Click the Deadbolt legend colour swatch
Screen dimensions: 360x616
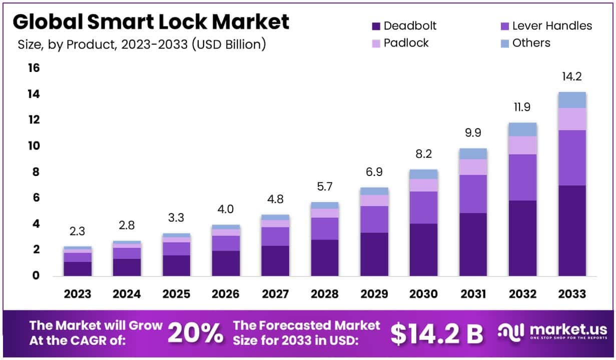(x=376, y=26)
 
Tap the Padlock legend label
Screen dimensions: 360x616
(x=406, y=43)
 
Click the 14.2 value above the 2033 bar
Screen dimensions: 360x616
(x=572, y=77)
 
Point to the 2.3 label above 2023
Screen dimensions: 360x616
(x=77, y=231)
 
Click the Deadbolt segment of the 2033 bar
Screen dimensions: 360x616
(x=572, y=230)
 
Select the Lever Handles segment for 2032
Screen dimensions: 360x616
(x=522, y=177)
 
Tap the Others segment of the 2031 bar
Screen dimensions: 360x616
(x=473, y=153)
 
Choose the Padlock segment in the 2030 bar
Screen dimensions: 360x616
(x=423, y=185)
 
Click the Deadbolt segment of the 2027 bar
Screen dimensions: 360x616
(x=275, y=260)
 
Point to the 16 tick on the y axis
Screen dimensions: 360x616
(x=33, y=68)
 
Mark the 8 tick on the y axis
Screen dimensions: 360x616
(x=35, y=172)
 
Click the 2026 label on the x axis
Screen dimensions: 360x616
(x=226, y=294)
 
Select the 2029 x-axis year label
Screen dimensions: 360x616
(x=374, y=294)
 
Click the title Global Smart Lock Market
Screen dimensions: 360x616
(x=151, y=22)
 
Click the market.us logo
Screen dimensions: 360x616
(x=552, y=333)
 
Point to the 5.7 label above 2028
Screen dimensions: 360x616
(x=325, y=186)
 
